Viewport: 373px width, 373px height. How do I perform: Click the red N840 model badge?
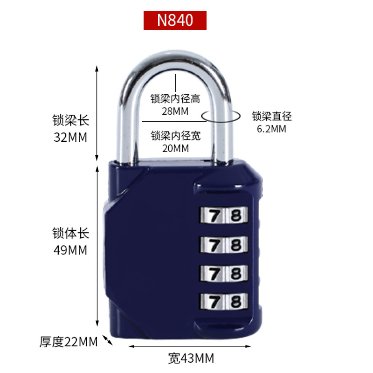(174, 20)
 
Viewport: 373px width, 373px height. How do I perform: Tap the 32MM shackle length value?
(70, 137)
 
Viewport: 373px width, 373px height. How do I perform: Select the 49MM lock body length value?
(70, 250)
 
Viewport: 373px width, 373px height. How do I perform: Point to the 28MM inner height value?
(175, 111)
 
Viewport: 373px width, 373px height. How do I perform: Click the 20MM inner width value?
(175, 148)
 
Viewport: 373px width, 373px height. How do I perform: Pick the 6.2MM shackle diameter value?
(271, 129)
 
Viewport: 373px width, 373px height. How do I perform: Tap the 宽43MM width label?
(191, 359)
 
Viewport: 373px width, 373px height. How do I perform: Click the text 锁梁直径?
(271, 117)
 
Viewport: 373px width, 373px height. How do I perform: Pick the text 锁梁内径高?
(175, 99)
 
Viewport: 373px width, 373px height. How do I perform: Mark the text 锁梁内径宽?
(175, 136)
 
